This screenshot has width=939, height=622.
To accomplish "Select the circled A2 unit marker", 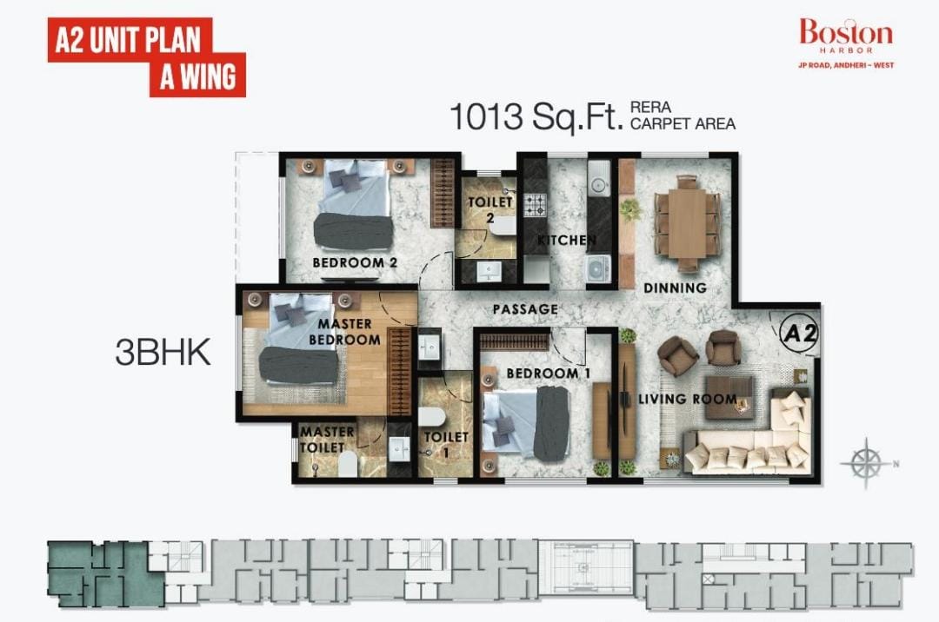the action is coord(799,333).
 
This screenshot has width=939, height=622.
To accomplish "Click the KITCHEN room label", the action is coord(567,241).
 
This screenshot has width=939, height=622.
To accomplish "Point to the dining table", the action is coord(687,222).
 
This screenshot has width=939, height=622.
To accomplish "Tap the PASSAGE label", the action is coord(525,309).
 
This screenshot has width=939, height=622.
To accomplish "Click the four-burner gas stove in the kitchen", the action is coord(536,204).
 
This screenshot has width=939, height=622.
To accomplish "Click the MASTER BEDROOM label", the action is coord(345,331).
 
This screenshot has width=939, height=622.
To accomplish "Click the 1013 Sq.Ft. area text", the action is coord(536,116).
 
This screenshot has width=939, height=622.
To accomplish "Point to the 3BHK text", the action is coord(163,352).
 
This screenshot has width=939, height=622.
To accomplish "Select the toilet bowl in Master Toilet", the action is coord(347,464).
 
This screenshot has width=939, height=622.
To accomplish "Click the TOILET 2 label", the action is coord(489,210).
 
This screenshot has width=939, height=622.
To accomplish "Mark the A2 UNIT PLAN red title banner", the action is coord(147,57).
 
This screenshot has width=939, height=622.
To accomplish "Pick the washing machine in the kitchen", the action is coord(597,268).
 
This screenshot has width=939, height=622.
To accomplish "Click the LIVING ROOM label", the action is coord(688,399).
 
